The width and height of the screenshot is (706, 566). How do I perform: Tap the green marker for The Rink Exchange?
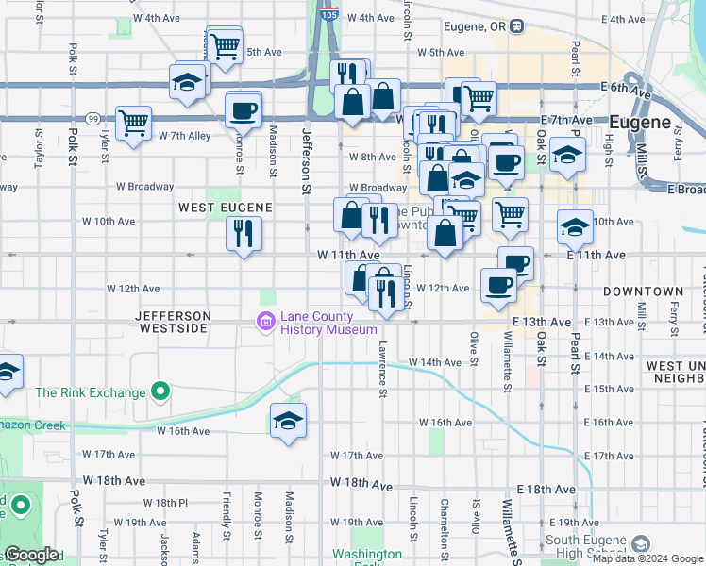point(160,390)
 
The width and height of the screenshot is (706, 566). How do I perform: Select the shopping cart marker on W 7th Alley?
point(133,123)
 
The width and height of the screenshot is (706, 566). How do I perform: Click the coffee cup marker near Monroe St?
point(243,109)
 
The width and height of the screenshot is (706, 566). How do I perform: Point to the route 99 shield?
point(92,118)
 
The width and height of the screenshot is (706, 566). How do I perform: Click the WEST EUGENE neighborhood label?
point(226,207)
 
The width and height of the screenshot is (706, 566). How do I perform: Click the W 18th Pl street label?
point(160,503)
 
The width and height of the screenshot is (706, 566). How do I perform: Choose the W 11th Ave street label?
point(348,256)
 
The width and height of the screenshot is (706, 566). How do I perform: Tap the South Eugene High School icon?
point(642,544)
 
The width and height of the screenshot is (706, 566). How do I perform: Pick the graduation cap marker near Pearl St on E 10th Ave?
point(575,227)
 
